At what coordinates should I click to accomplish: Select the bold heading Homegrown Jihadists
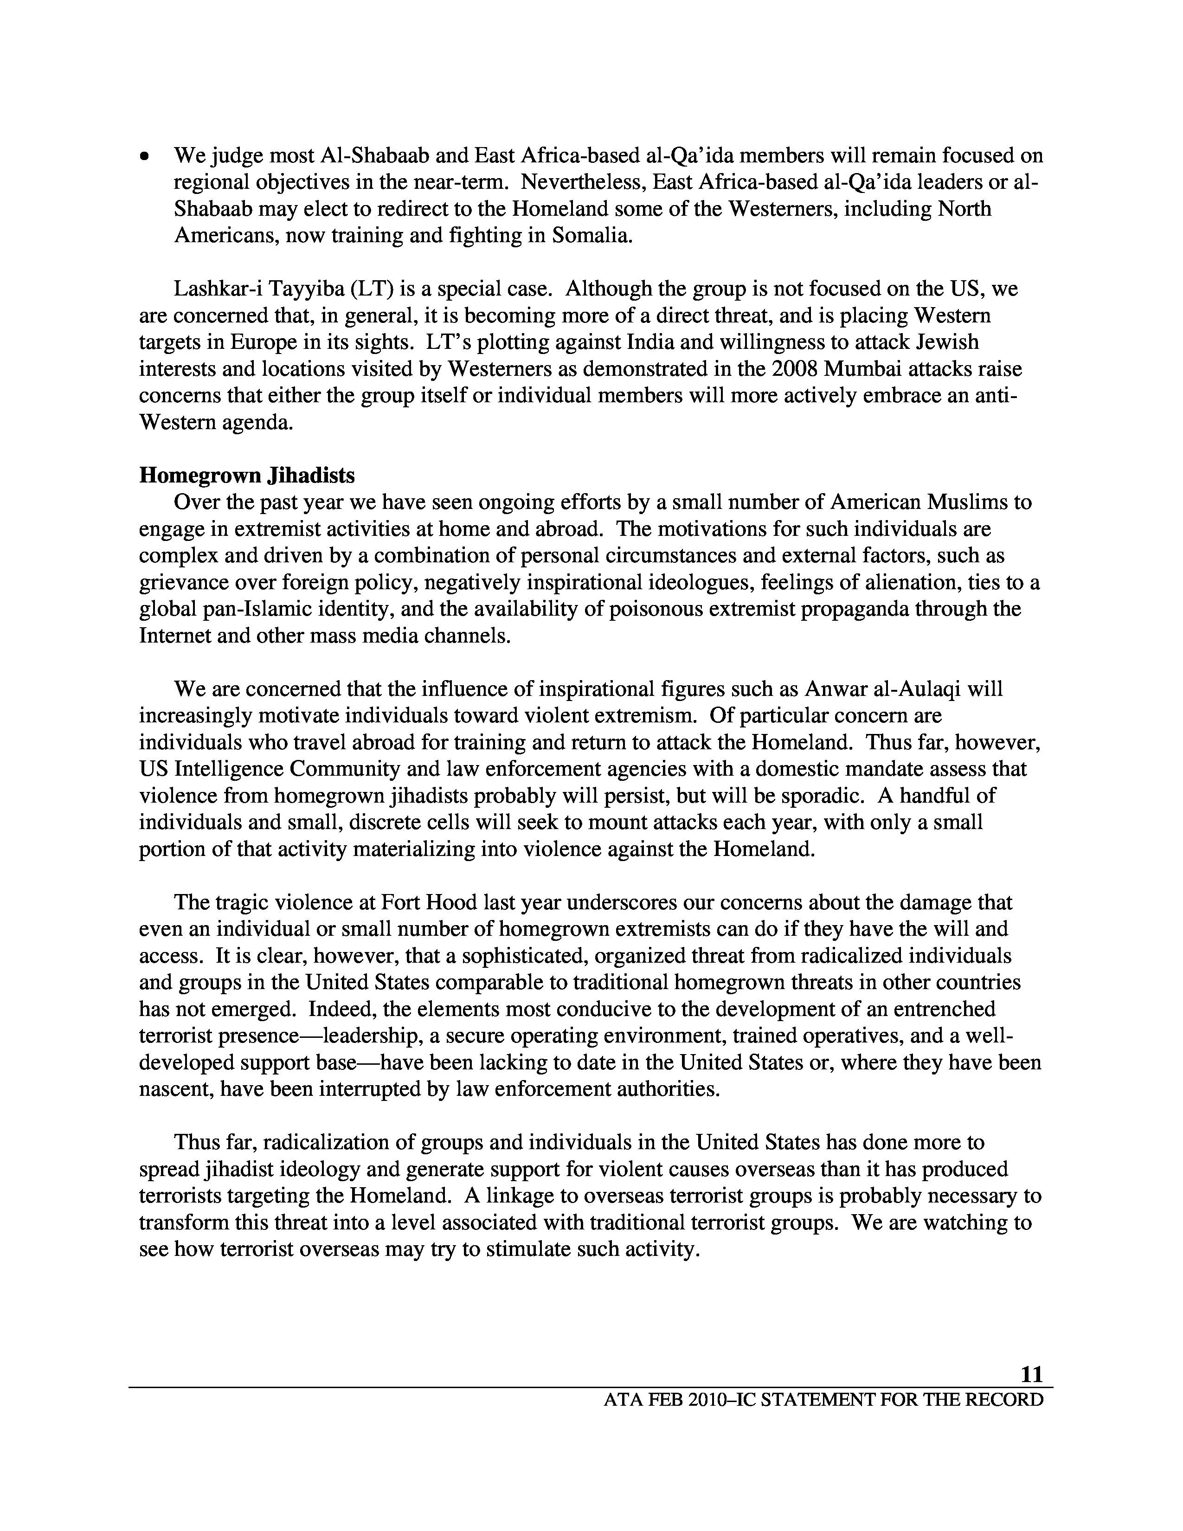click(x=247, y=475)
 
